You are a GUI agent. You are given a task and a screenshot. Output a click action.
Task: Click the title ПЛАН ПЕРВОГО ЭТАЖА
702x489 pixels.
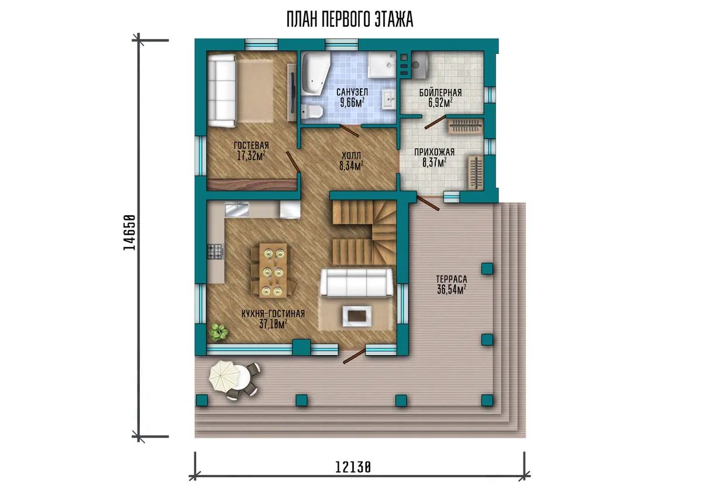[x=350, y=19]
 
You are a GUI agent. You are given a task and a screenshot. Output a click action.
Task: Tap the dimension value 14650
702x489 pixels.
[x=129, y=232]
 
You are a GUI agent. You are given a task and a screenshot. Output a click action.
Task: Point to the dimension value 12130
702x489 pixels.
[x=353, y=467]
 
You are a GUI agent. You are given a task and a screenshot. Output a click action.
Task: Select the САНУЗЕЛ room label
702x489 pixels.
[x=352, y=92]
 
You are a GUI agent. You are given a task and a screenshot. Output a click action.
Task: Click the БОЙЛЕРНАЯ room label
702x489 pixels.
[x=441, y=93]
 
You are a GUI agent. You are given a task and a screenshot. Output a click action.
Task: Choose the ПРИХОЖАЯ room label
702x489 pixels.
[x=434, y=152]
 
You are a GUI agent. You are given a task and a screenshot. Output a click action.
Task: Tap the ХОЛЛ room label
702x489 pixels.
[x=352, y=156]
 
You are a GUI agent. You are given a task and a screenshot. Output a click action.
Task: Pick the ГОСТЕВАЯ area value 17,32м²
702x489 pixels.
[x=252, y=156]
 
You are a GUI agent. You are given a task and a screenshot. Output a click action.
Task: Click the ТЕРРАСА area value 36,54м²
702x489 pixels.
[x=451, y=290]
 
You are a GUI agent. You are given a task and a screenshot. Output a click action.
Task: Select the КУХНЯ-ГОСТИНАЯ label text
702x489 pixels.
[x=273, y=314]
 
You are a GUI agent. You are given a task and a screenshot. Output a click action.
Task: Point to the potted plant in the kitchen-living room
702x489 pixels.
[x=218, y=332]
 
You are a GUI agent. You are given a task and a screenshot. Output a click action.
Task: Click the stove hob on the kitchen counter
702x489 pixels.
[x=216, y=252]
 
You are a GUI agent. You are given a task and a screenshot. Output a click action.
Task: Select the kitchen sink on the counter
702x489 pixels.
[x=237, y=209]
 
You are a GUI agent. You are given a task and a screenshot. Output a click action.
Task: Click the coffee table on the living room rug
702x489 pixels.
[x=357, y=316]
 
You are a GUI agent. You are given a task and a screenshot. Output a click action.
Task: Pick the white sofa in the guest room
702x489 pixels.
[x=222, y=91]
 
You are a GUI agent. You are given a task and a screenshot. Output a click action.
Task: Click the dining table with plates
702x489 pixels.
[x=273, y=270]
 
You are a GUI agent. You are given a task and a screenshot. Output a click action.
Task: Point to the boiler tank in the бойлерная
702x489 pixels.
[x=419, y=65]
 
